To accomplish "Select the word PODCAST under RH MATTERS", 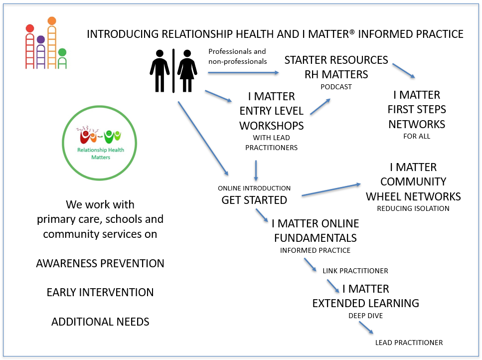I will (x=336, y=87).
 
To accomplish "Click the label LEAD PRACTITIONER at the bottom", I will (x=409, y=343).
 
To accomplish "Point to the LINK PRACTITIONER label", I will (x=355, y=271).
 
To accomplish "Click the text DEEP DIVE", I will (x=365, y=315).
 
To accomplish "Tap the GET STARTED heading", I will (x=254, y=200).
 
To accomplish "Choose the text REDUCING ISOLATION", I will (x=413, y=208).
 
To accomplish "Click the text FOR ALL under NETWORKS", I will (x=416, y=136).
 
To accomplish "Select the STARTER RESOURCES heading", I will (x=336, y=60).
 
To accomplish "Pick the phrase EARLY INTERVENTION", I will (x=100, y=292).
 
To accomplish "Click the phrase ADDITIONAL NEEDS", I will (x=100, y=322).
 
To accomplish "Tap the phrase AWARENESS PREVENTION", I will (x=100, y=263).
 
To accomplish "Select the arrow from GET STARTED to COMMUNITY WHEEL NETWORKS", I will (x=331, y=189).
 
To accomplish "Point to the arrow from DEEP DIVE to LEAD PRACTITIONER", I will (x=366, y=327).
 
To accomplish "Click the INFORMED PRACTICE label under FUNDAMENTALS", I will (x=315, y=250).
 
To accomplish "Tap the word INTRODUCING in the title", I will (x=123, y=34).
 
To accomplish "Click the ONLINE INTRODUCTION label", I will (x=254, y=188).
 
